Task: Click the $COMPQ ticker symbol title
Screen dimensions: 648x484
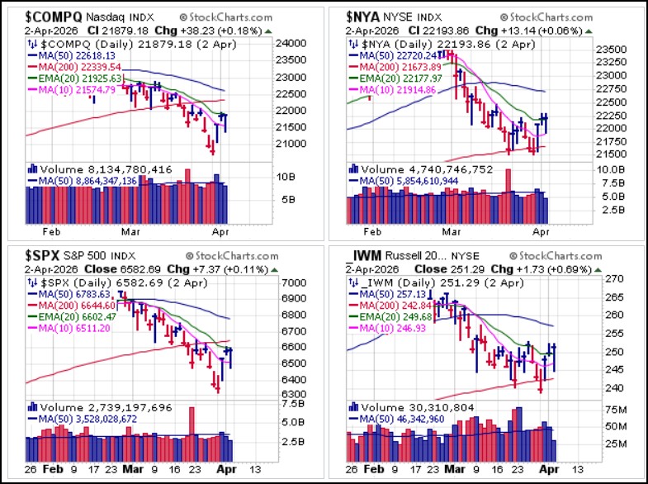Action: point(54,17)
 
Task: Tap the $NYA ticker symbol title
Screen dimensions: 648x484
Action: point(362,17)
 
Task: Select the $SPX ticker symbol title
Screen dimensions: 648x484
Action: point(42,256)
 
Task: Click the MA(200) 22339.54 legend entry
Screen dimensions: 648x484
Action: point(75,67)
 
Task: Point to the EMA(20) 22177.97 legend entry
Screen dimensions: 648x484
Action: point(396,78)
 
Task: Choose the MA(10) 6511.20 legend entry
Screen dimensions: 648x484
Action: point(69,329)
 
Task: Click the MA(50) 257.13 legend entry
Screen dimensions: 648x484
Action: point(388,294)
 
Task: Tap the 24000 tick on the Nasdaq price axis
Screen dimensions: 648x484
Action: point(291,44)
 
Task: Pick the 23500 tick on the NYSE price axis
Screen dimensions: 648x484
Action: point(611,50)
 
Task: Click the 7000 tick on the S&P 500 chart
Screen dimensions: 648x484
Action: point(294,283)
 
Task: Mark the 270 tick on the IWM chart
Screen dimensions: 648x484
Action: point(614,279)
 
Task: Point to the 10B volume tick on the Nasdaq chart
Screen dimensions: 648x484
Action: point(286,177)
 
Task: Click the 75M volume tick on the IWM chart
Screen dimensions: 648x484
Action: point(616,410)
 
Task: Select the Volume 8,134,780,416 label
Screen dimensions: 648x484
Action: point(100,169)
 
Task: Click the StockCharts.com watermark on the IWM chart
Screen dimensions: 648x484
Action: point(556,256)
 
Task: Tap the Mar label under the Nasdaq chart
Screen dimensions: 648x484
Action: point(130,232)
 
